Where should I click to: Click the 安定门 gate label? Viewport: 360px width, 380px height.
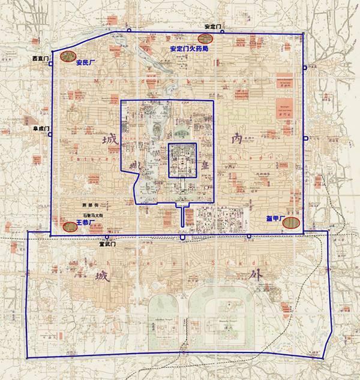click(213, 26)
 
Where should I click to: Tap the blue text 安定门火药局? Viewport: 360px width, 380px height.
click(189, 49)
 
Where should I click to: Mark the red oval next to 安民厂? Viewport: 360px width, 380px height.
click(67, 58)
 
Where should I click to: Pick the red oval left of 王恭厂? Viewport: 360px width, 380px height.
click(70, 227)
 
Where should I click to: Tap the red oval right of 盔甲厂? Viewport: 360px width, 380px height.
click(291, 223)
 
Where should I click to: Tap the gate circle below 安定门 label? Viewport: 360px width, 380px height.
click(221, 32)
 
